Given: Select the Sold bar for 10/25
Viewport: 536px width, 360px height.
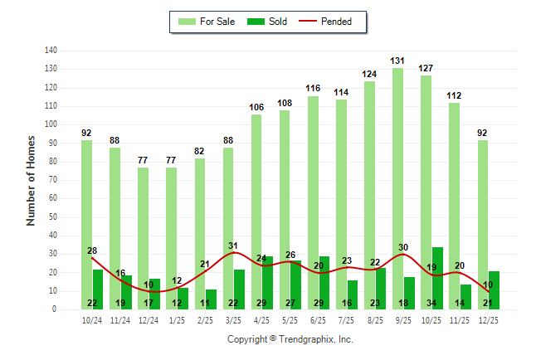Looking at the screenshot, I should coord(437,278).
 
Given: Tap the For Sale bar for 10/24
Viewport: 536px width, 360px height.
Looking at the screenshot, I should coord(87,224).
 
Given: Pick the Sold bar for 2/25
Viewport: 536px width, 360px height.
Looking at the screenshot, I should coord(212,299).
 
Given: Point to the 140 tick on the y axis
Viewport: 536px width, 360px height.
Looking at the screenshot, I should coord(51,51).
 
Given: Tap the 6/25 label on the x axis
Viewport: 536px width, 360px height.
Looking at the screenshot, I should coord(318,320).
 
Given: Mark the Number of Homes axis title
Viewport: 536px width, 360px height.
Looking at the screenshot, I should coord(32,180).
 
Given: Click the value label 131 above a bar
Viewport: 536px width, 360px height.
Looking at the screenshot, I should coord(398,61).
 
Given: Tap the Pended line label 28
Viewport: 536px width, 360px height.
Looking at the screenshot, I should coord(92,251).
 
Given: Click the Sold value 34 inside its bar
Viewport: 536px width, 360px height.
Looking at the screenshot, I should coord(437,303).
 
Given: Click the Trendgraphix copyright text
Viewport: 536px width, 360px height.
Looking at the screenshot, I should coord(290,339).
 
